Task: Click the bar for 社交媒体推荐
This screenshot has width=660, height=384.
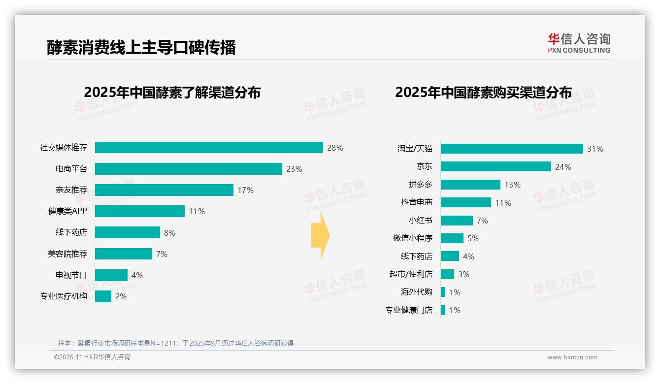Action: (x=209, y=148)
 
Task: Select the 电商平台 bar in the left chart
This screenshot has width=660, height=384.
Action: (x=188, y=169)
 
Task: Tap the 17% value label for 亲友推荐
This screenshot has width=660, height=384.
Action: (x=245, y=190)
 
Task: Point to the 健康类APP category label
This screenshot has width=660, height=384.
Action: (x=67, y=211)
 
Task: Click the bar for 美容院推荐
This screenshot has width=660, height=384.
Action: (x=124, y=254)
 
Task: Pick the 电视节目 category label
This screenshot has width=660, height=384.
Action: (x=71, y=275)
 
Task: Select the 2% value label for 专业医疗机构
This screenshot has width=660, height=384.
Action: (x=121, y=296)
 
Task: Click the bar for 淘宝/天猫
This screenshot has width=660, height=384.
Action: (x=512, y=149)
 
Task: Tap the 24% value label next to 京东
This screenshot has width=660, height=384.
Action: (x=563, y=167)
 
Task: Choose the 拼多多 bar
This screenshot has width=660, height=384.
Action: (x=470, y=185)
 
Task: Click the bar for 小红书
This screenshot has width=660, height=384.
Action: (x=457, y=221)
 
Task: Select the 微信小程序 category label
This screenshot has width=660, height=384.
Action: (x=412, y=238)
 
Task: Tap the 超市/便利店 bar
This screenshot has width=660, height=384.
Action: (x=447, y=274)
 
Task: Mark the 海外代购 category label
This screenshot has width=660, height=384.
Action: (x=416, y=292)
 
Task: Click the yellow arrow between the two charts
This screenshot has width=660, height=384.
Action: (x=320, y=236)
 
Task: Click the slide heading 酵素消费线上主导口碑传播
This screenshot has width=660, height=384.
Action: (x=141, y=47)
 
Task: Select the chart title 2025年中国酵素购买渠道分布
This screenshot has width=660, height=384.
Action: (x=483, y=93)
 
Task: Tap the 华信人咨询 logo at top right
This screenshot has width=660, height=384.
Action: (x=579, y=43)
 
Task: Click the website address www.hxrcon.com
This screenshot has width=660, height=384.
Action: (x=572, y=357)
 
